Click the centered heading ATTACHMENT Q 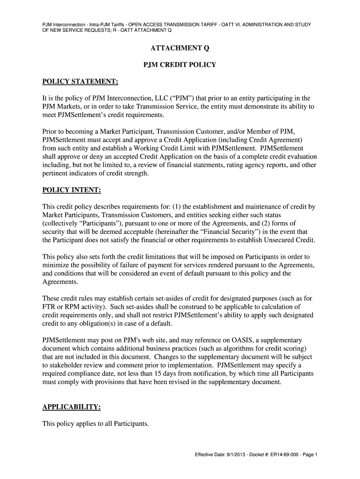click(x=180, y=48)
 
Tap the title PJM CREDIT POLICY click(x=180, y=65)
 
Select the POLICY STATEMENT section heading click(x=80, y=82)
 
